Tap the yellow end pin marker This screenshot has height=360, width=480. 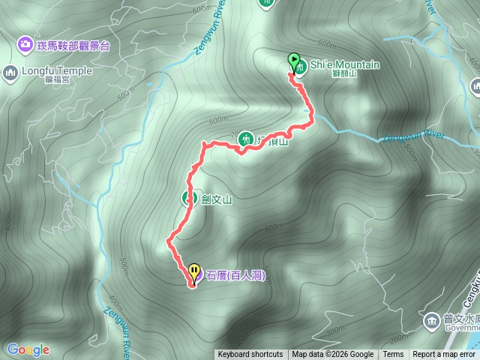[194, 271]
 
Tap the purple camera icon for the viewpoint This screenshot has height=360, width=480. [25, 46]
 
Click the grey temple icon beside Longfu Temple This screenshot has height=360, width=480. [10, 73]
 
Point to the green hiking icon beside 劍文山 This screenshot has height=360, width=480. [189, 199]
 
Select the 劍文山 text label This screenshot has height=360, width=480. [217, 199]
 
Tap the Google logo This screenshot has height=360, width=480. [28, 349]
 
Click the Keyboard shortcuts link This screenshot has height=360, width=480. [250, 355]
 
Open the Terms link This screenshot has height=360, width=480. [393, 355]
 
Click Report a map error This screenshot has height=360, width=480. [443, 355]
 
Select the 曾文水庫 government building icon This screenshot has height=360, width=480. [431, 322]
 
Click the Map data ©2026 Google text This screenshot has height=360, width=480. [332, 355]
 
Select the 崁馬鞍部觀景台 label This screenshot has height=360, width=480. [73, 46]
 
